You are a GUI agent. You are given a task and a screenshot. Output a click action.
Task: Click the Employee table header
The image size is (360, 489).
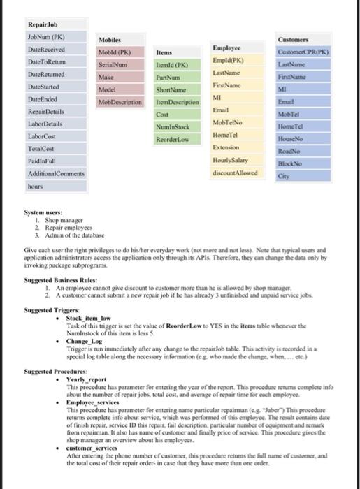tap(227, 47)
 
